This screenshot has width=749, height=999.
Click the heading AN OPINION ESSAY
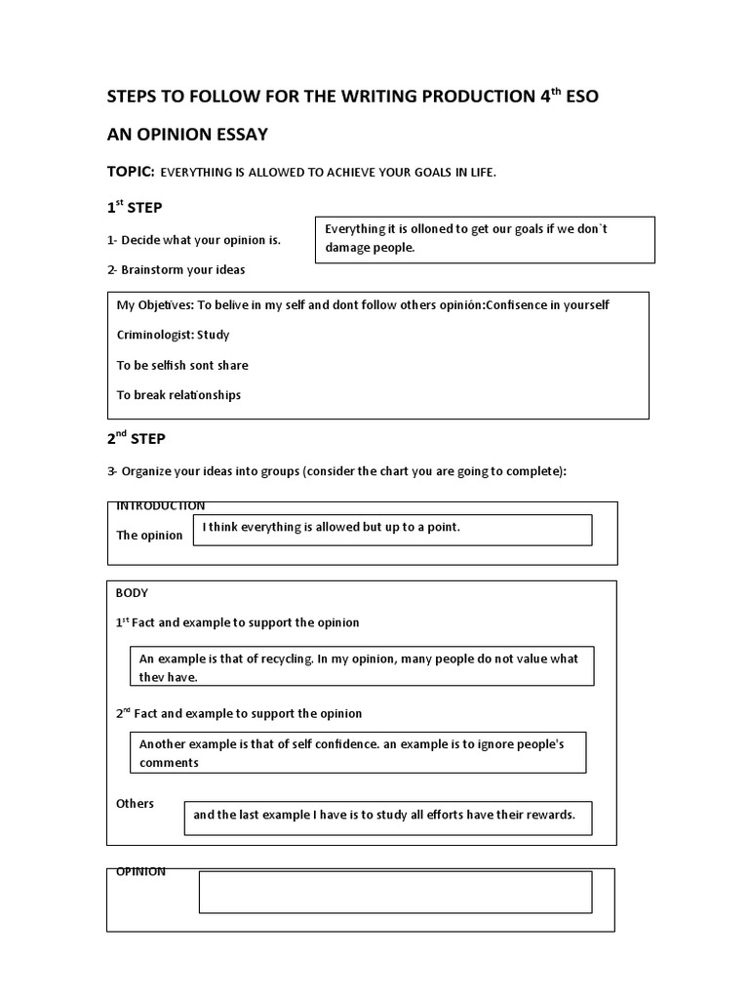click(186, 134)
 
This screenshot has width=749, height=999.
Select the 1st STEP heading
click(136, 208)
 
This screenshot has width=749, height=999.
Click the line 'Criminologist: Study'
click(173, 335)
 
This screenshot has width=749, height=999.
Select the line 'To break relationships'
click(178, 395)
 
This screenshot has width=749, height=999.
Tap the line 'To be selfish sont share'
click(182, 365)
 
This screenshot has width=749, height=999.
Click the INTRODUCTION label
click(160, 505)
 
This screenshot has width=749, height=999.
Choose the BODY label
click(132, 592)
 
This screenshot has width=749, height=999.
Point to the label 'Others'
click(135, 803)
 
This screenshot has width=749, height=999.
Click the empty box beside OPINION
click(395, 892)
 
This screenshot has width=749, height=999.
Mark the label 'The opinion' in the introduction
click(149, 536)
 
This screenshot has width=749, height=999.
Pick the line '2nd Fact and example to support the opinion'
click(239, 713)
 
